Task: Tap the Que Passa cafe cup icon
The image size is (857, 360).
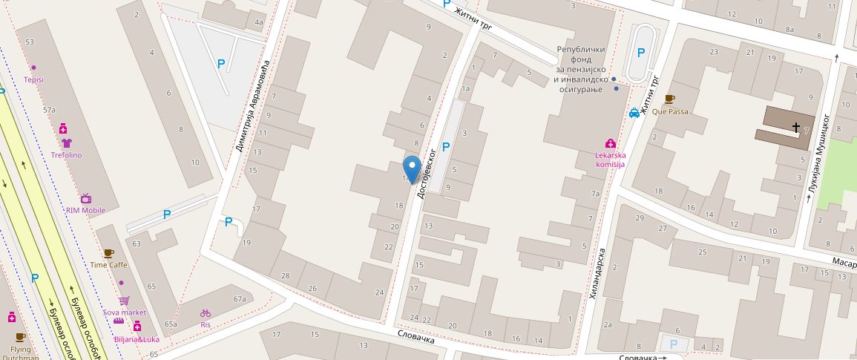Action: (670, 99)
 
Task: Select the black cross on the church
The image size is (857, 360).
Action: (797, 128)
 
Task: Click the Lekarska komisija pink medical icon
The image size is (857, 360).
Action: (610, 143)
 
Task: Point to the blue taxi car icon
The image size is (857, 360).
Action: (634, 113)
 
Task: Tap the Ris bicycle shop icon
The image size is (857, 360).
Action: (206, 313)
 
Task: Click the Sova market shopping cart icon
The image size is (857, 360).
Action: (124, 301)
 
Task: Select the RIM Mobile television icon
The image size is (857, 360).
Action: (86, 198)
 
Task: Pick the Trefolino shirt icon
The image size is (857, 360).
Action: (66, 143)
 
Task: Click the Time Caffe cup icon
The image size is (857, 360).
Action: (109, 253)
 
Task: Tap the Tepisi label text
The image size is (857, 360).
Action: (33, 79)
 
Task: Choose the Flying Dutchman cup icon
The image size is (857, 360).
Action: (20, 337)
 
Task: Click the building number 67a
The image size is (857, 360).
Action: (239, 299)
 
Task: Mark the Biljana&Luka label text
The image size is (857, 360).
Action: (137, 339)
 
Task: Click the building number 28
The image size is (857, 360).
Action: (285, 275)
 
